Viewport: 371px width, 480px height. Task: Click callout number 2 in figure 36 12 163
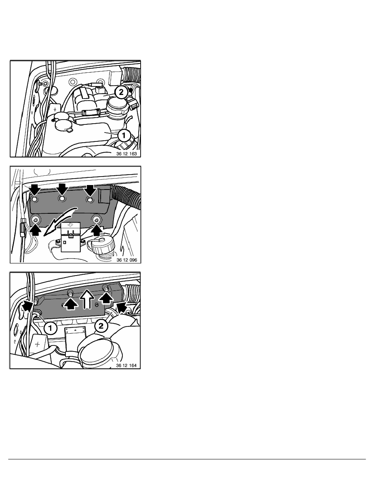point(121,92)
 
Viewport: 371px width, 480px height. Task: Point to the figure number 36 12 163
point(127,154)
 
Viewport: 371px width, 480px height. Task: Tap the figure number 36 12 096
point(127,260)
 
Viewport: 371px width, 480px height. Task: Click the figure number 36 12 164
point(126,366)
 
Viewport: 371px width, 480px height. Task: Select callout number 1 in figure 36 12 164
point(50,328)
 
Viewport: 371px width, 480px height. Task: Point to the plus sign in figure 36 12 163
point(55,109)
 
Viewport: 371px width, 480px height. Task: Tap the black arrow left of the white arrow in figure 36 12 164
point(71,303)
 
